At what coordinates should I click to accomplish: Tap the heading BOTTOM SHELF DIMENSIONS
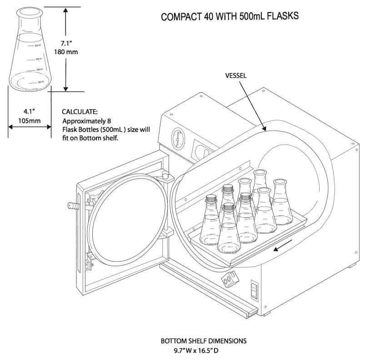click(204, 340)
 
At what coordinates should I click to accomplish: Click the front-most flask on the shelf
click(228, 232)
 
